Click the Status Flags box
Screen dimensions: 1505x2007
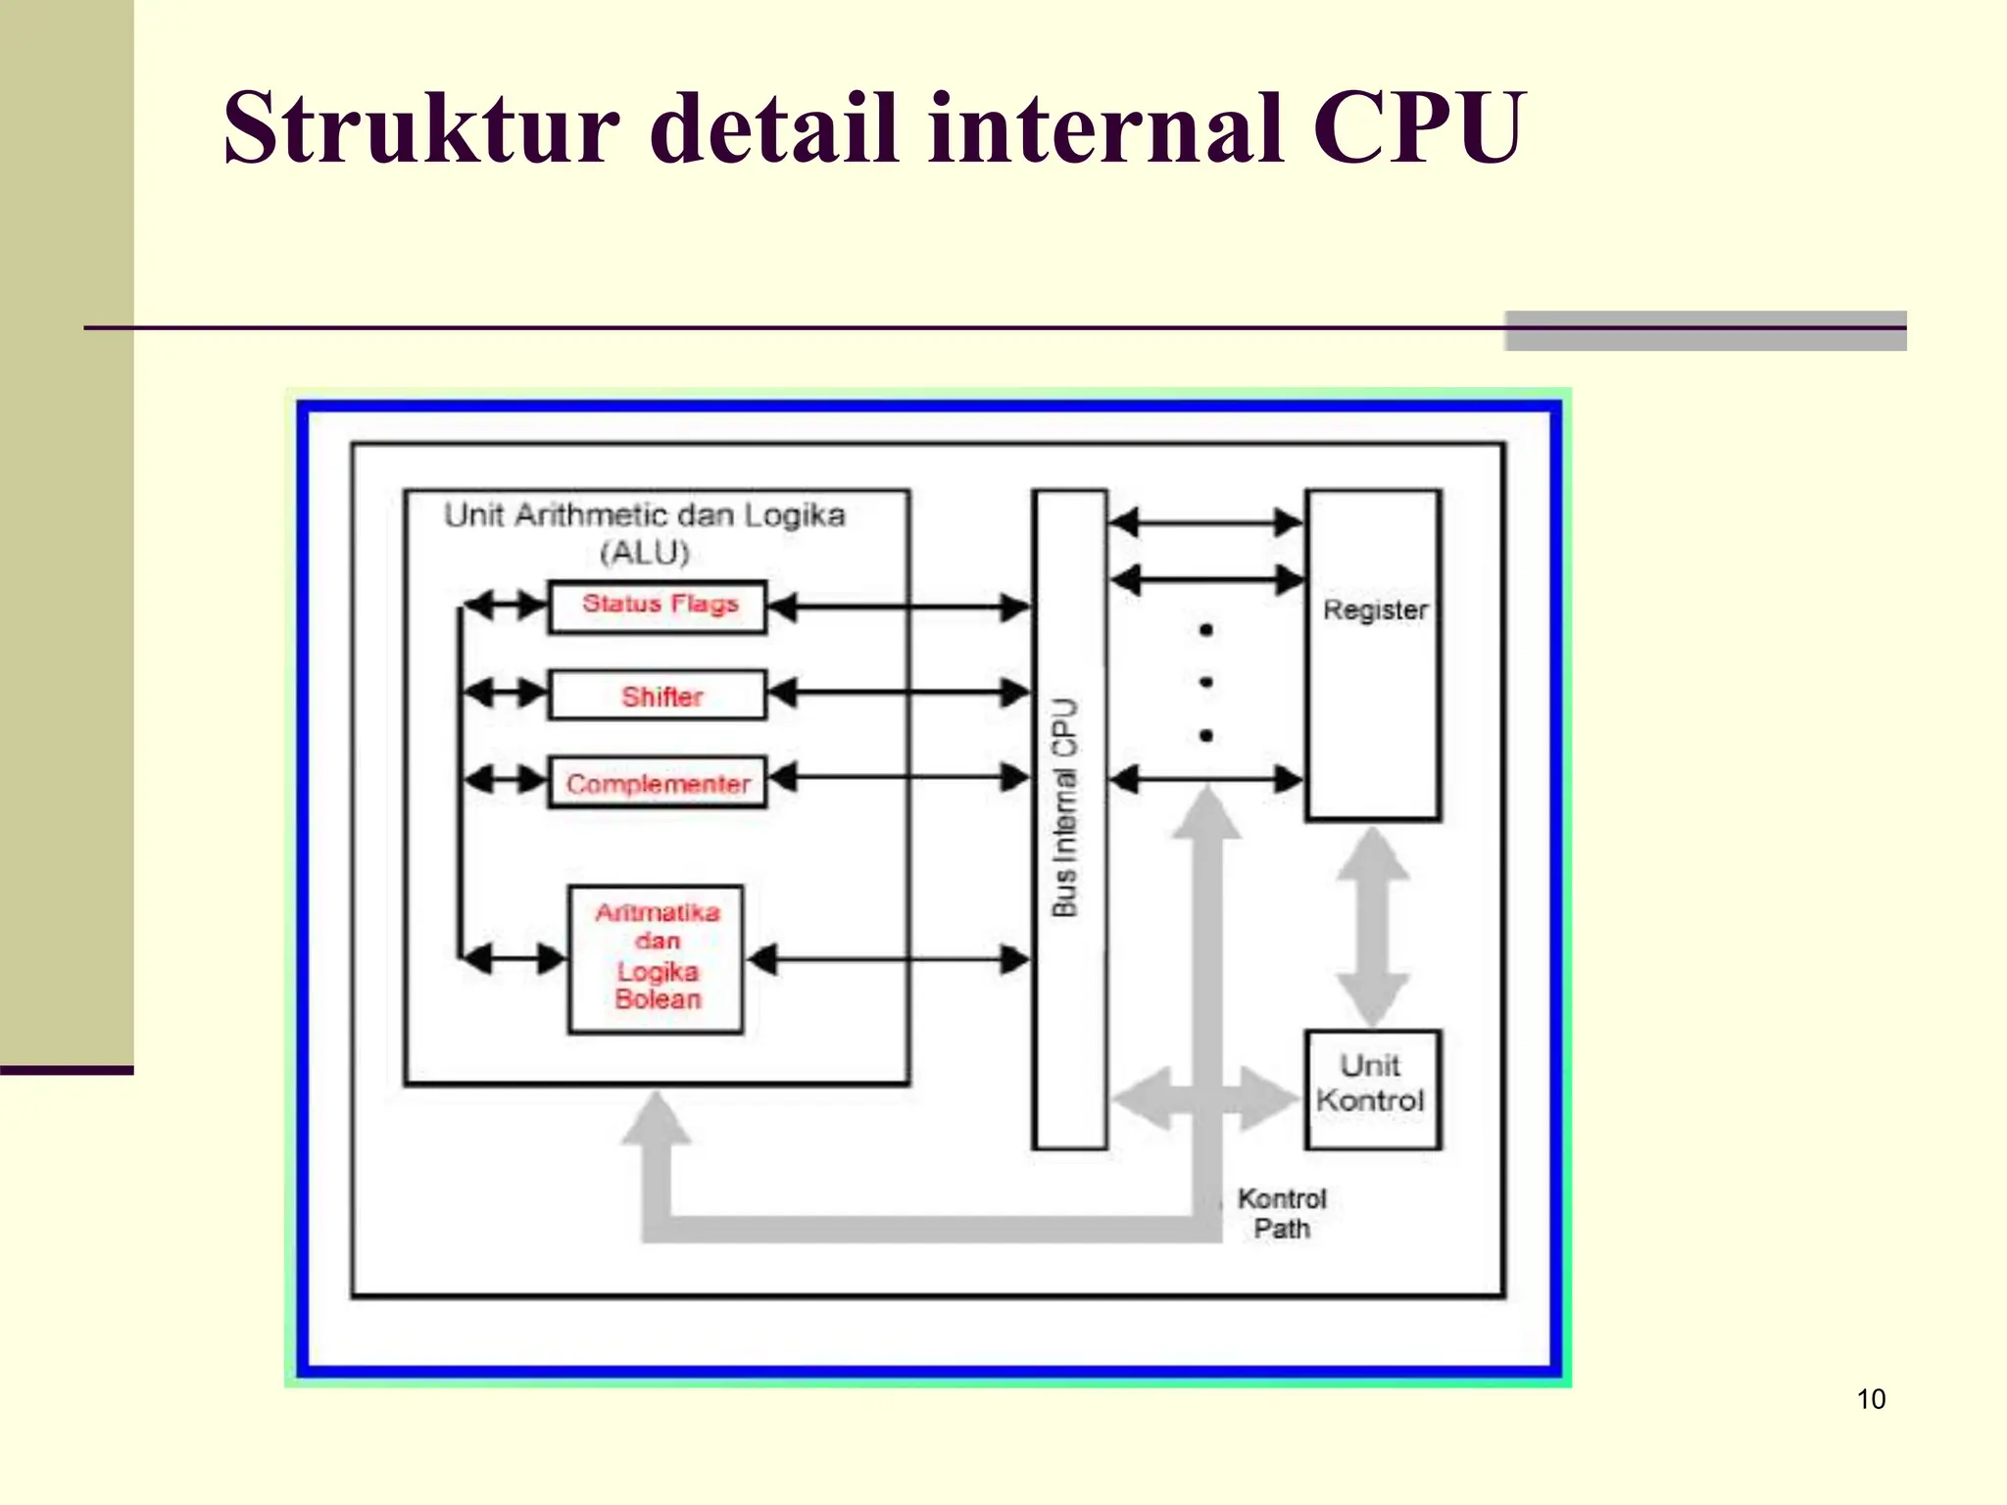pos(658,607)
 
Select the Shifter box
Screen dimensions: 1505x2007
pos(658,696)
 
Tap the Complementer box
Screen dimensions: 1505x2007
pos(658,783)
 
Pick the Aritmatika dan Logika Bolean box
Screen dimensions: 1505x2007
pos(656,958)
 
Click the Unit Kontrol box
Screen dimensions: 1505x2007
pos(1372,1089)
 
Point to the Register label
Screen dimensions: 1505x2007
pos(1375,609)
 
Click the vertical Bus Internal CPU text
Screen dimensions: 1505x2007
pos(1065,807)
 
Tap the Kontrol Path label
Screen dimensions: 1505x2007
pos(1281,1213)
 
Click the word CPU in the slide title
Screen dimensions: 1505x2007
pos(1418,128)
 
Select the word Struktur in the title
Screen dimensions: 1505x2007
pos(421,128)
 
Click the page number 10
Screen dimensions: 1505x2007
pos(1870,1399)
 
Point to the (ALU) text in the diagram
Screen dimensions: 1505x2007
pos(645,553)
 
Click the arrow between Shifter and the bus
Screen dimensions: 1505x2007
pos(899,693)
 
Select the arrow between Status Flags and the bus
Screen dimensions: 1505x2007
pos(899,607)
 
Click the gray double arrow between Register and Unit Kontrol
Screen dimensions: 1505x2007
pos(1373,926)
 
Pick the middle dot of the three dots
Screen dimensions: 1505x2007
pos(1206,682)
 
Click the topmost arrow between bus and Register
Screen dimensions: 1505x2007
pos(1206,522)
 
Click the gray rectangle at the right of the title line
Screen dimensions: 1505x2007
pos(1705,331)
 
